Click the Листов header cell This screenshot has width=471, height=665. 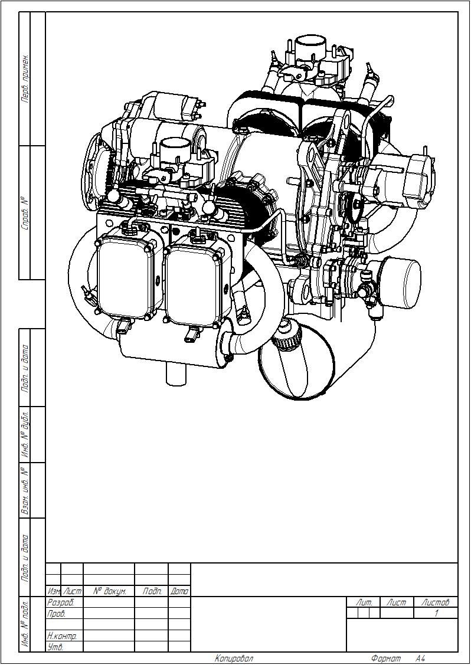(436, 602)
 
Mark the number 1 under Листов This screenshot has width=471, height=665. (436, 613)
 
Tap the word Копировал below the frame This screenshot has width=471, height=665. (234, 659)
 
